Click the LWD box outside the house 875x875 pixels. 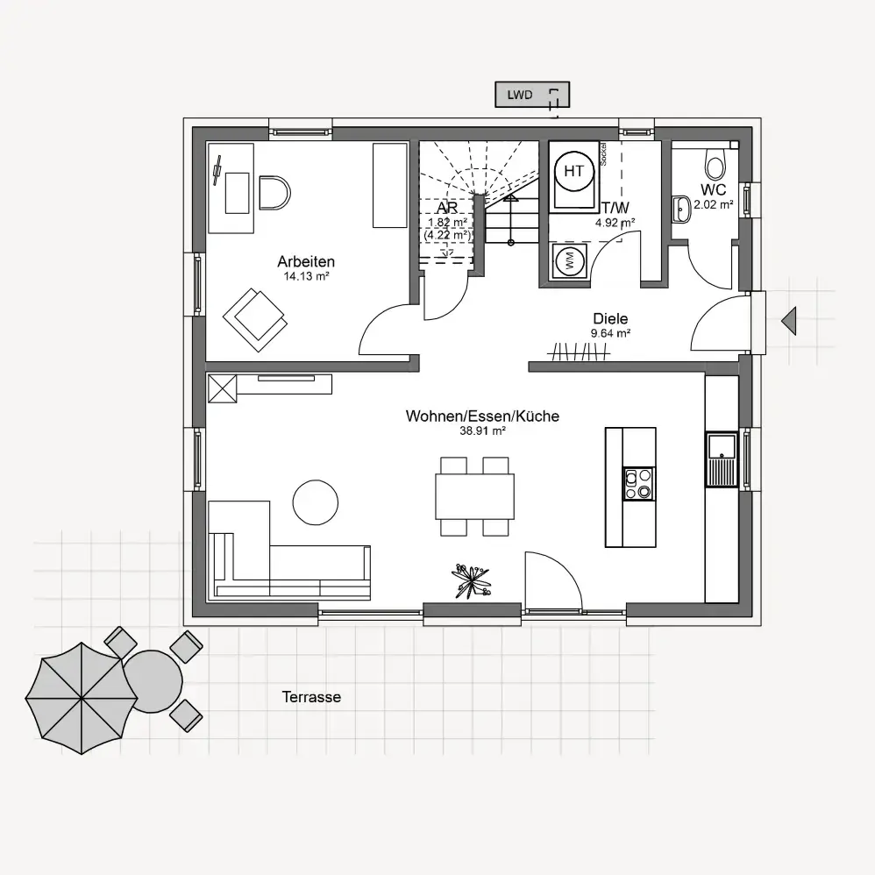click(x=532, y=95)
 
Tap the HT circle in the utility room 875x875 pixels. click(x=573, y=171)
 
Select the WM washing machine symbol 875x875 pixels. click(x=569, y=260)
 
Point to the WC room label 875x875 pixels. click(x=713, y=189)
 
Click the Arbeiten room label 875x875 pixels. click(x=306, y=261)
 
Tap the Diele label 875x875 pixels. click(x=610, y=318)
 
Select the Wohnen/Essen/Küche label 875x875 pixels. click(x=483, y=416)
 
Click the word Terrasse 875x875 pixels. click(x=311, y=697)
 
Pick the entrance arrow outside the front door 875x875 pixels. click(x=789, y=321)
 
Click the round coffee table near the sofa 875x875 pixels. click(x=316, y=502)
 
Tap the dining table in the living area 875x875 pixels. click(x=475, y=496)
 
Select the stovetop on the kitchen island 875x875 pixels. click(x=639, y=484)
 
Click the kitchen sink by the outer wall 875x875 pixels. click(x=722, y=459)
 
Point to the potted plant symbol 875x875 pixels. click(x=472, y=581)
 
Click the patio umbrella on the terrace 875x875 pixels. click(x=82, y=698)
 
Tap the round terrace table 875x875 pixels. click(x=152, y=681)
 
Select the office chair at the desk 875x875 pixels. click(x=274, y=193)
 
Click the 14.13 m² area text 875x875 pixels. click(x=306, y=275)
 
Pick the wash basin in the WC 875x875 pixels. click(x=681, y=208)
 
